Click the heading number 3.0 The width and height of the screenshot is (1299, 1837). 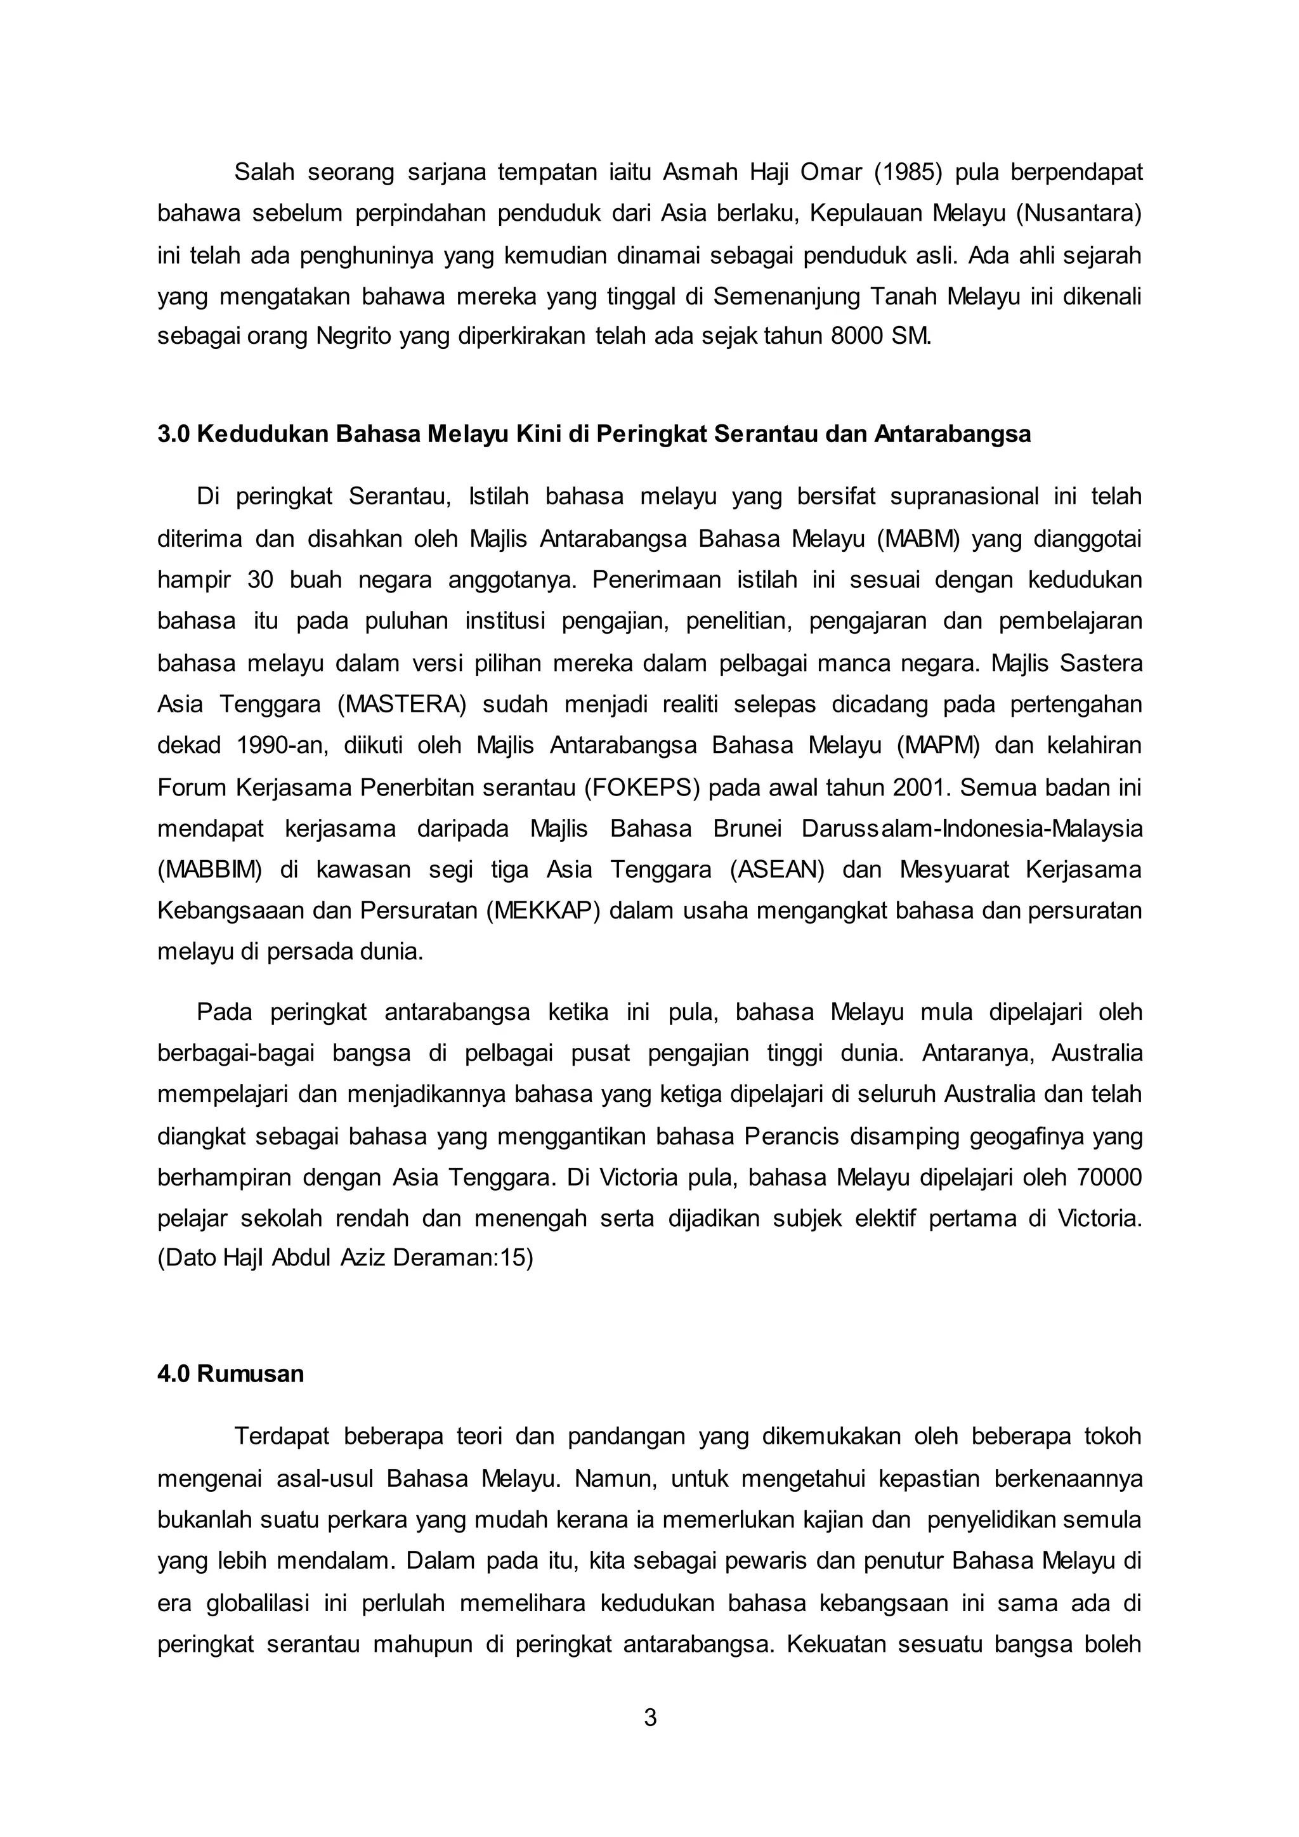point(174,435)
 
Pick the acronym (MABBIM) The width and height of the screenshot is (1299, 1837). point(209,870)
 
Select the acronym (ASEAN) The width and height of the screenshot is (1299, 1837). point(777,870)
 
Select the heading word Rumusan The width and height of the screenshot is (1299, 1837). point(251,1375)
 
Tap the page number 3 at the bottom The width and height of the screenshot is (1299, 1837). point(649,1718)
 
